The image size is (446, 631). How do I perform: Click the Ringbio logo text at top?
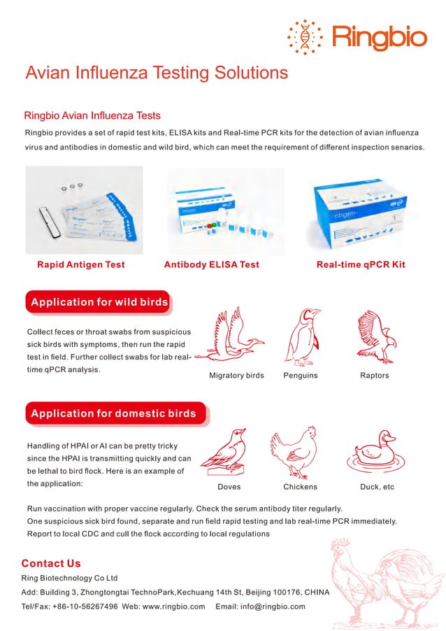(x=379, y=36)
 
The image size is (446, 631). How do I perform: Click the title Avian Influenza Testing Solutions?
(x=157, y=73)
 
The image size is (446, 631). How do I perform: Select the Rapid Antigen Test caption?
(x=81, y=264)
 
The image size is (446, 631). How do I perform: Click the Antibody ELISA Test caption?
(x=211, y=264)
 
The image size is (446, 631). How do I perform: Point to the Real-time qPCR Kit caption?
(x=361, y=264)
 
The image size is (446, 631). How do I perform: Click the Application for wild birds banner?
(x=99, y=302)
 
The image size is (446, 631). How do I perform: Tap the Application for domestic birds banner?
(x=113, y=413)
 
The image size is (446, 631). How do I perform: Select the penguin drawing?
(x=301, y=336)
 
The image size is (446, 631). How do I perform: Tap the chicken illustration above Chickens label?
(x=296, y=452)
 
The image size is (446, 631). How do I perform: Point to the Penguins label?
(x=301, y=376)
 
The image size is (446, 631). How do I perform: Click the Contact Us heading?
(x=51, y=563)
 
